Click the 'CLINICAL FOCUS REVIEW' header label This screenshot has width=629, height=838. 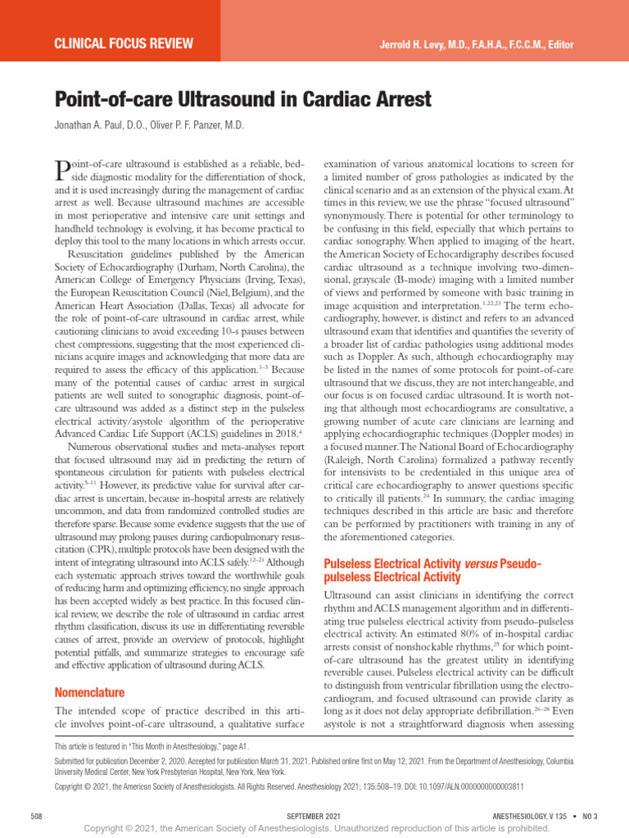coord(123,43)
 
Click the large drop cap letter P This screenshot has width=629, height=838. coord(62,171)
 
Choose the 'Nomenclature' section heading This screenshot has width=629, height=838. coord(89,692)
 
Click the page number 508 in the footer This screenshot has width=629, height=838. coord(36,816)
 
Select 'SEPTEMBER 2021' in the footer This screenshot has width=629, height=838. coord(314,816)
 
